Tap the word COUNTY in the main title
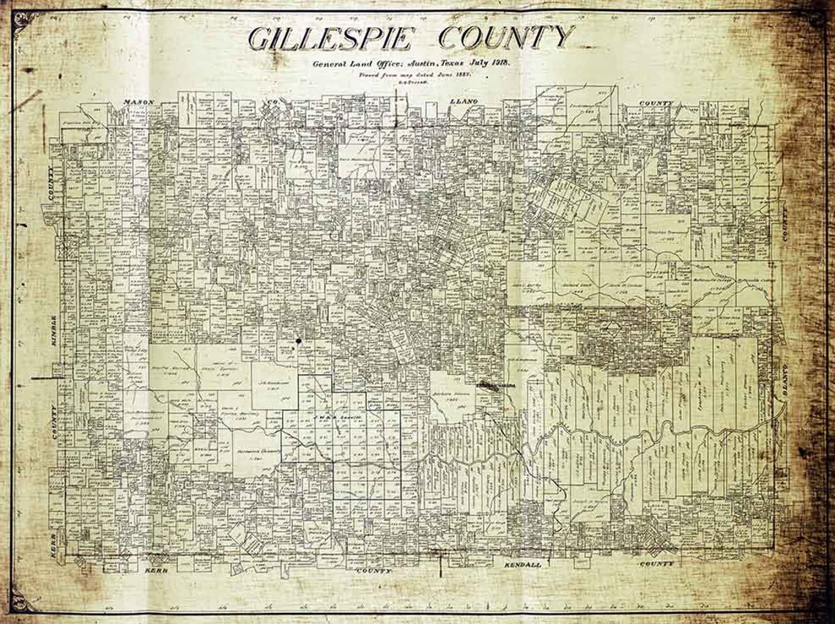point(505,37)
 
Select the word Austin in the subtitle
point(415,64)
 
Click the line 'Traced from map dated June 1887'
point(414,75)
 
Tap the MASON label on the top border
point(138,101)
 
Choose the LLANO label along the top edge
point(463,101)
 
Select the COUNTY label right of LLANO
point(656,103)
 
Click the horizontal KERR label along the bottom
point(157,569)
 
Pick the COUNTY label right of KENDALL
point(656,565)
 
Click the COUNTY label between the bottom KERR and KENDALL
point(374,569)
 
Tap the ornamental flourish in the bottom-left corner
point(22,602)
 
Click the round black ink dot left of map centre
point(300,341)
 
